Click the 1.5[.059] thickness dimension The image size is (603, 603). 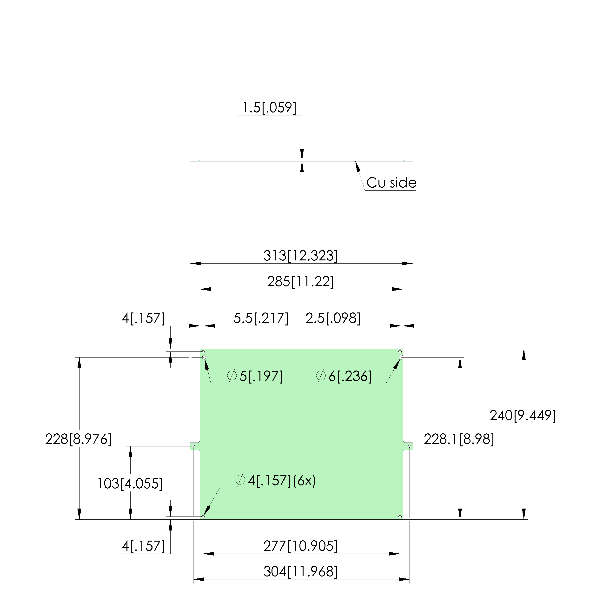point(269,108)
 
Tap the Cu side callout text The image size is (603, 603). point(391,183)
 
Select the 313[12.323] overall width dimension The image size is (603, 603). point(300,256)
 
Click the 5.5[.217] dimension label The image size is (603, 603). point(261,318)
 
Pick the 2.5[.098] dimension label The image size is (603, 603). point(333,318)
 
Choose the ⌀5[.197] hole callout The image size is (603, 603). point(255,376)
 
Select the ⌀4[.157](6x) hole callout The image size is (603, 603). point(276,480)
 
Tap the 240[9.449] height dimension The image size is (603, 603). point(523,415)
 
